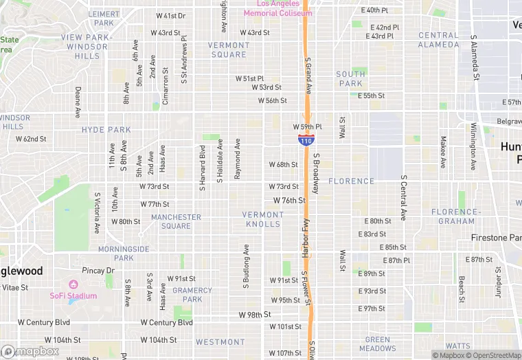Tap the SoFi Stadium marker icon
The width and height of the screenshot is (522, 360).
(73, 284)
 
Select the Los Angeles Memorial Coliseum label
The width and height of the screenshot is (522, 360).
(277, 8)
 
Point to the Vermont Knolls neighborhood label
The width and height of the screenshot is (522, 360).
(262, 219)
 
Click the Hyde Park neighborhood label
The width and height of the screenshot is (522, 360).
(106, 129)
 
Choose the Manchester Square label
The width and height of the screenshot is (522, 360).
(176, 221)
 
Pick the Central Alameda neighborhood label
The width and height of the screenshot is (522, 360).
(438, 40)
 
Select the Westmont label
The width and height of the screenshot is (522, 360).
(220, 341)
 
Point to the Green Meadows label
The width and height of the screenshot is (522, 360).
(377, 344)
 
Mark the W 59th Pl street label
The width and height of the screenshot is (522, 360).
(307, 127)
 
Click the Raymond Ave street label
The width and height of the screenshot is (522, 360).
(237, 159)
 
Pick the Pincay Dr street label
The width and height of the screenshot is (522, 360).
(100, 271)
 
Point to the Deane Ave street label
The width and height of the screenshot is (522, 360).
(78, 102)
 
